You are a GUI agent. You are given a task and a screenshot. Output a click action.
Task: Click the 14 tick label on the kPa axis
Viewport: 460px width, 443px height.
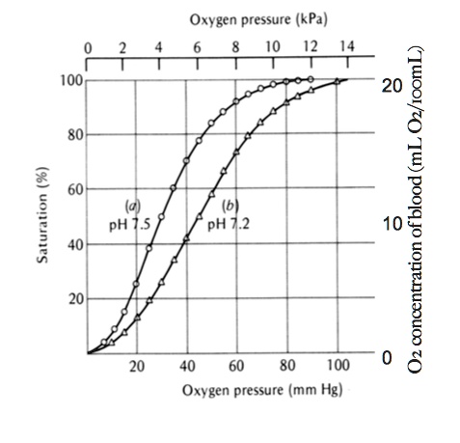coord(347,46)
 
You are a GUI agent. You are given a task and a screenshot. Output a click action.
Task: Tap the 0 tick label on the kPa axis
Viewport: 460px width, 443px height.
coord(88,46)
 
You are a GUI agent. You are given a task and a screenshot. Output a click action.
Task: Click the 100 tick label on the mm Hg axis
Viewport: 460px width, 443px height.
coord(338,367)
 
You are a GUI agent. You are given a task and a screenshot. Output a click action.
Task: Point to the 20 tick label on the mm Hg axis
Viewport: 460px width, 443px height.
coord(138,367)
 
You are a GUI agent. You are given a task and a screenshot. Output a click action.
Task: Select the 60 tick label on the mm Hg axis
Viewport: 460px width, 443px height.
coord(237,367)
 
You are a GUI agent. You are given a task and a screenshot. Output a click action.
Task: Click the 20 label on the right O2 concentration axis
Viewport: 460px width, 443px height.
coord(390,85)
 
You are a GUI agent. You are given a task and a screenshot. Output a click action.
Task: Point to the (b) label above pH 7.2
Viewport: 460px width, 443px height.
coord(230,205)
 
